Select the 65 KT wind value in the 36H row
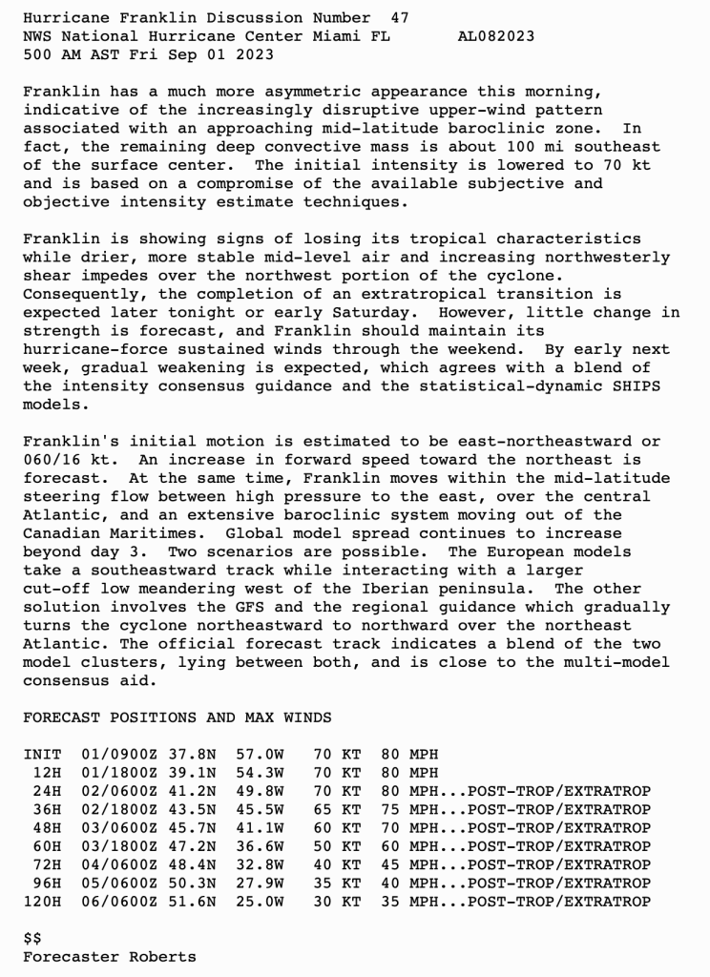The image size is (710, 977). coord(336,810)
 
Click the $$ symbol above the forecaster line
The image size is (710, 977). coord(31,939)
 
